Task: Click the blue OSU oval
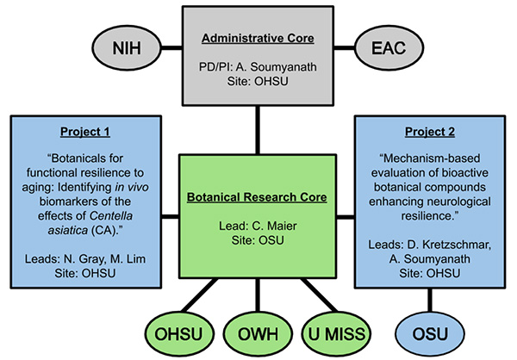428,332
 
